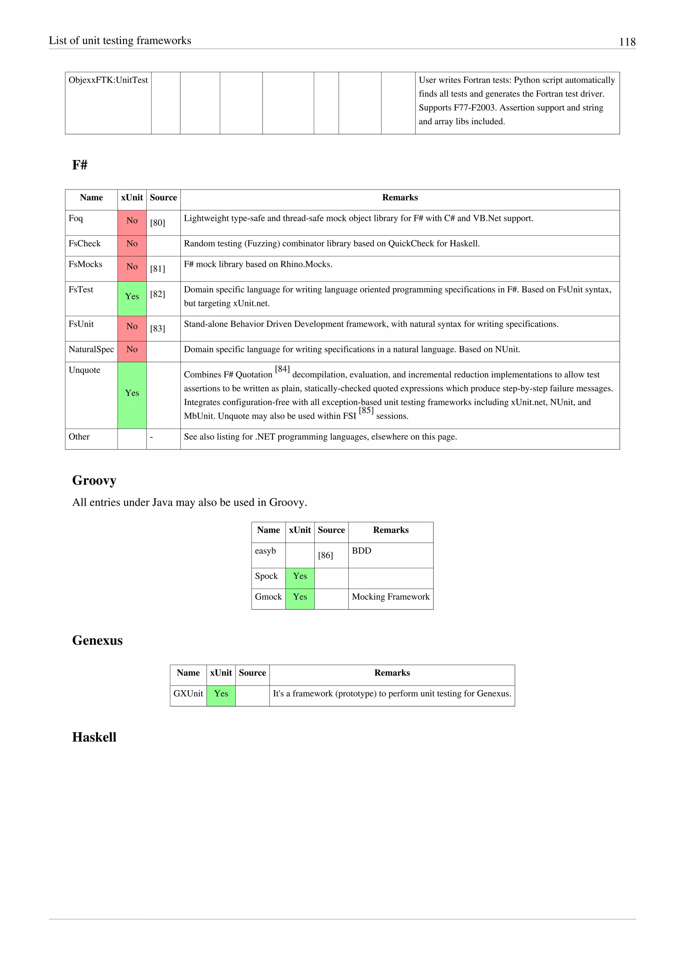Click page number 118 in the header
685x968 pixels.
pyautogui.click(x=627, y=42)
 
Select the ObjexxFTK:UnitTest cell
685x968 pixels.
pyautogui.click(x=108, y=80)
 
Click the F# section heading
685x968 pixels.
pyautogui.click(x=80, y=165)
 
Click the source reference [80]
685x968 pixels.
pyautogui.click(x=157, y=223)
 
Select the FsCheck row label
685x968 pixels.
pyautogui.click(x=85, y=244)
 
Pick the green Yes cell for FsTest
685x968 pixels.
pyautogui.click(x=132, y=297)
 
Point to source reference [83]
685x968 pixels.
pyautogui.click(x=157, y=329)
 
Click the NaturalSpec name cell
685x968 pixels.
pyautogui.click(x=91, y=350)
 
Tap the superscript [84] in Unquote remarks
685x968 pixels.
pyautogui.click(x=282, y=369)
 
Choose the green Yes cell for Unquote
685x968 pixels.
pyautogui.click(x=132, y=393)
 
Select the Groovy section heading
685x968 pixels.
pyautogui.click(x=94, y=480)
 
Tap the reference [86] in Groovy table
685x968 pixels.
pyautogui.click(x=325, y=556)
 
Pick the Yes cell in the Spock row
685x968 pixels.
pyautogui.click(x=300, y=576)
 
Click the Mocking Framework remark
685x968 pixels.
pyautogui.click(x=390, y=597)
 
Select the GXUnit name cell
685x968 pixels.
pyautogui.click(x=188, y=694)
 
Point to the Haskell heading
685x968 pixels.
pyautogui.click(x=94, y=737)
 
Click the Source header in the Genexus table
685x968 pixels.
pyautogui.click(x=252, y=673)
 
